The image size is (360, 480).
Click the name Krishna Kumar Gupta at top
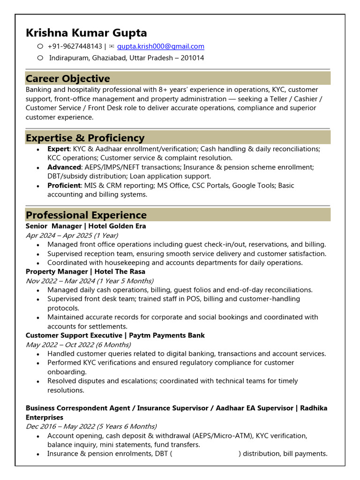point(86,33)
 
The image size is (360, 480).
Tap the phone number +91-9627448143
point(75,46)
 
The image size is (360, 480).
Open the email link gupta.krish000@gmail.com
point(160,46)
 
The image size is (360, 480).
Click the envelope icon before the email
point(111,46)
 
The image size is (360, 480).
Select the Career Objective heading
point(68,78)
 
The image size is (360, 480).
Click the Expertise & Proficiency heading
point(85,138)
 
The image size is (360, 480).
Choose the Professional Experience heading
point(86,215)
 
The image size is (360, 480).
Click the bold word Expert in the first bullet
point(58,149)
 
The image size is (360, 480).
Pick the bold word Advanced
point(64,167)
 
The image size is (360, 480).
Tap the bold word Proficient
point(64,185)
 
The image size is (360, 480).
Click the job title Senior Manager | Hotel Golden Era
point(86,226)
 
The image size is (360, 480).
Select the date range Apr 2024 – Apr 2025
point(72,235)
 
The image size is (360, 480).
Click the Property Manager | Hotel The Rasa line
point(85,271)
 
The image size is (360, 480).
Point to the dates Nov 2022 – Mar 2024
point(90,281)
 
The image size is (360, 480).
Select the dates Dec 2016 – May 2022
point(91,427)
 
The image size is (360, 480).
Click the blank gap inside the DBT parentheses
point(205,454)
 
